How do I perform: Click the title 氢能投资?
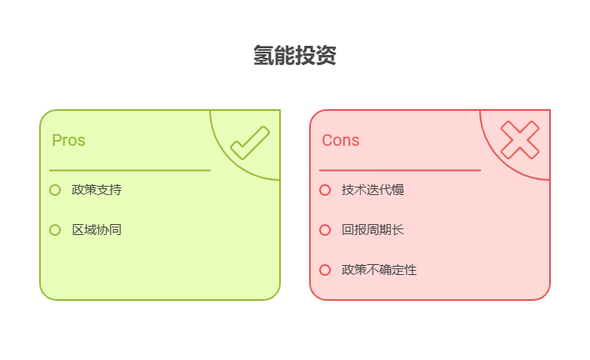point(295,56)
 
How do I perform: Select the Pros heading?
point(68,140)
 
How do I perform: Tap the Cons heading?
point(341,140)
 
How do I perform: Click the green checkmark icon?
point(249,142)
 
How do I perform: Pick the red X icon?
point(520,139)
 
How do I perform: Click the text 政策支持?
point(97,190)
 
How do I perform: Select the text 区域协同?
point(97,230)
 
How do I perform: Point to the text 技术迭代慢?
point(372,190)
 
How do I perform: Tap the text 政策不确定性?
point(379,270)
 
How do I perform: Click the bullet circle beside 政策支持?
point(55,190)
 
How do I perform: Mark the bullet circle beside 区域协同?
point(55,230)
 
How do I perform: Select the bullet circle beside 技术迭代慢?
point(325,190)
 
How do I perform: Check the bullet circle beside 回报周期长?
point(325,230)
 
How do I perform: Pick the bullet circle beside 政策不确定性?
point(325,270)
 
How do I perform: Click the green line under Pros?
point(129,170)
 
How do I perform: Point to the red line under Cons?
point(399,170)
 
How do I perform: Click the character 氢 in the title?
point(264,56)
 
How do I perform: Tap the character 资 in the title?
point(327,56)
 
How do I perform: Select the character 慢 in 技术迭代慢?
point(398,190)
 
